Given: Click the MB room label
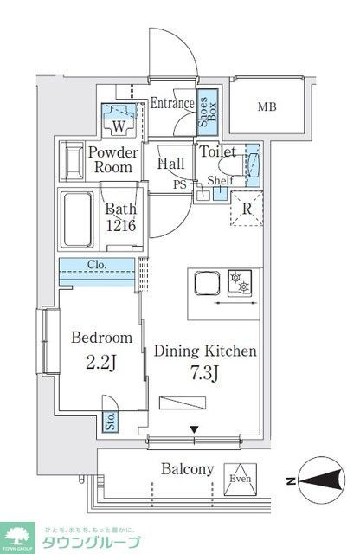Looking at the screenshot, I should coord(271,108).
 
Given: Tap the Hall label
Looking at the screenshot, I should coord(170,162).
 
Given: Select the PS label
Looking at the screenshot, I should coord(179,184).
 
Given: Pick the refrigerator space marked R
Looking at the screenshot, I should coord(246,209).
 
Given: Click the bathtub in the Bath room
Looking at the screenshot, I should coord(77,219).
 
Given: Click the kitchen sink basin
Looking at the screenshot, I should coord(208,284).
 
